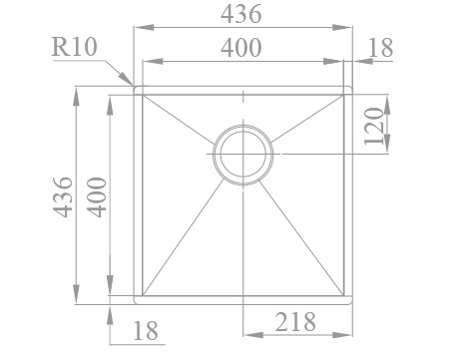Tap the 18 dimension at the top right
380,47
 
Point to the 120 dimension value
373,127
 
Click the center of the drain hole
242,154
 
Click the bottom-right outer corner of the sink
351,302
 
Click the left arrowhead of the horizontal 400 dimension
145,61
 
